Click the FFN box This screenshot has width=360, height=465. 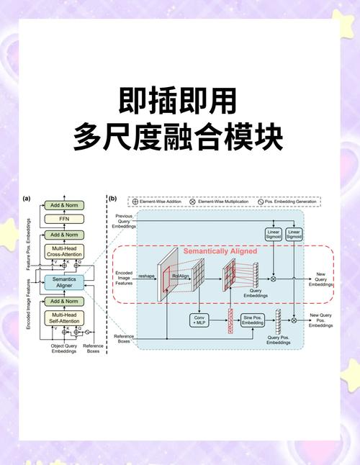pos(63,219)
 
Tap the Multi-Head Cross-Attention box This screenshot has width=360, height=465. pos(63,250)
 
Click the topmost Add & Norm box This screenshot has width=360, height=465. pos(63,206)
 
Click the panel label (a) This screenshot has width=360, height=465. pos(27,198)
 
